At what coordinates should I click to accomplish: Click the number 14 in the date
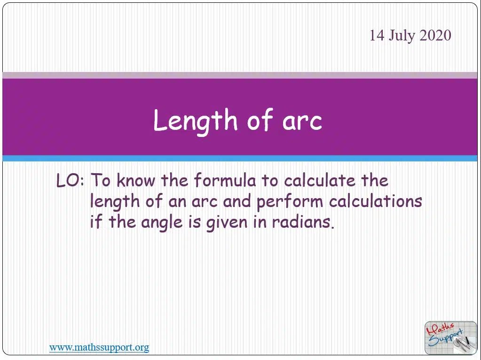pos(377,35)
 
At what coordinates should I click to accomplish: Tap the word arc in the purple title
pos(302,121)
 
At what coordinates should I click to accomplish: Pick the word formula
pos(225,180)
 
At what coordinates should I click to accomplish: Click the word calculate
pos(319,180)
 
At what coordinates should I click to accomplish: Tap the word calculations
pos(376,201)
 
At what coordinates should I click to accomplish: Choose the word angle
pos(162,223)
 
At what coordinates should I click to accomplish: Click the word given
pos(227,223)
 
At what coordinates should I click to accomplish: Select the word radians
pos(303,222)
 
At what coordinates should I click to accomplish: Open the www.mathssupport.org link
pos(99,347)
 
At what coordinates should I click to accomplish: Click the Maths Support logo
pos(450,337)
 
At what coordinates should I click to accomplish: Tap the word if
pos(96,222)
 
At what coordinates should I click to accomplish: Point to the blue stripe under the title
pos(240,159)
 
